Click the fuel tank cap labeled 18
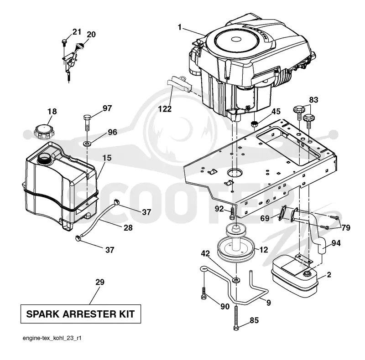(x=44, y=132)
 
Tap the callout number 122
(x=165, y=109)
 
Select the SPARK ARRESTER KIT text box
(x=81, y=314)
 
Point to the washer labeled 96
(x=87, y=143)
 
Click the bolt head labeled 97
(x=87, y=117)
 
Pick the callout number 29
(x=99, y=282)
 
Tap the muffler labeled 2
(x=294, y=277)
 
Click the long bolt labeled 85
(x=236, y=318)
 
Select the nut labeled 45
(x=255, y=123)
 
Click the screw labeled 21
(x=64, y=43)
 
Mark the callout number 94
(x=336, y=243)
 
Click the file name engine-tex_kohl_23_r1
(x=52, y=338)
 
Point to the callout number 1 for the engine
(x=179, y=27)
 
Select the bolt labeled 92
(x=232, y=213)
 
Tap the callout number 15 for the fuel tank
(x=107, y=158)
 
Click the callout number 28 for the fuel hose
(x=128, y=228)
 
